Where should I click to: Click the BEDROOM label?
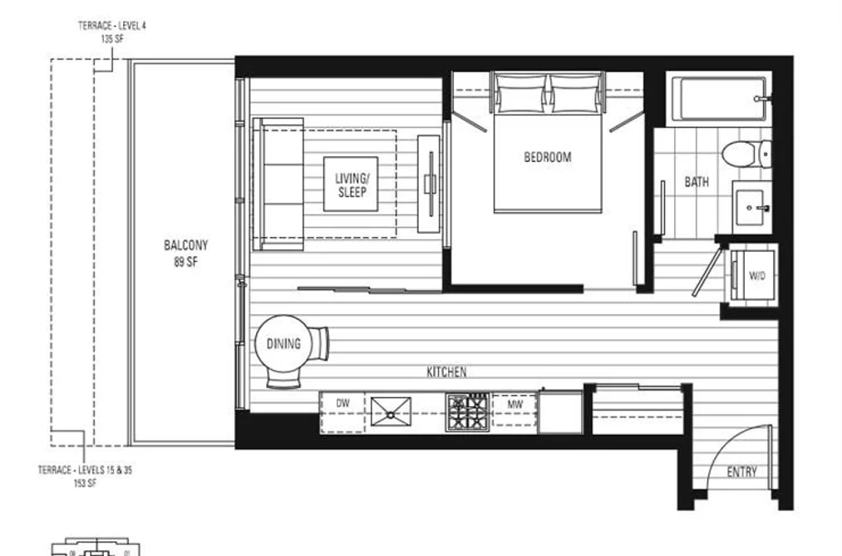coord(547,157)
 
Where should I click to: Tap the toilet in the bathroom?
coord(746,154)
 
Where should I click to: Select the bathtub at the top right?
coord(720,99)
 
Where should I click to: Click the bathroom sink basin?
coord(750,208)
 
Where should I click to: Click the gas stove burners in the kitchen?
coord(467,411)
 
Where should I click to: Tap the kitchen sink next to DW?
coord(391,411)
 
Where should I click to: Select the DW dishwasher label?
coord(342,403)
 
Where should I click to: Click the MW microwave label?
coord(515,405)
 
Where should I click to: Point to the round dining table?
coord(283,343)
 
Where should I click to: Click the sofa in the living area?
coord(278,184)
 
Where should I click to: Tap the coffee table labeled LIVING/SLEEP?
coord(351,184)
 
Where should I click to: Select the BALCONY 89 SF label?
coord(186,253)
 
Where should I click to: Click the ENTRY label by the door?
coord(741,472)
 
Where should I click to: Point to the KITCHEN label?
coord(447,372)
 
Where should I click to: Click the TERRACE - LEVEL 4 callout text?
coord(111,32)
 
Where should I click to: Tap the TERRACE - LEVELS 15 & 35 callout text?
coord(85,476)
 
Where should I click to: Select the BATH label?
coord(697,182)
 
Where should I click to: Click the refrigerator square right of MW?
coord(560,412)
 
